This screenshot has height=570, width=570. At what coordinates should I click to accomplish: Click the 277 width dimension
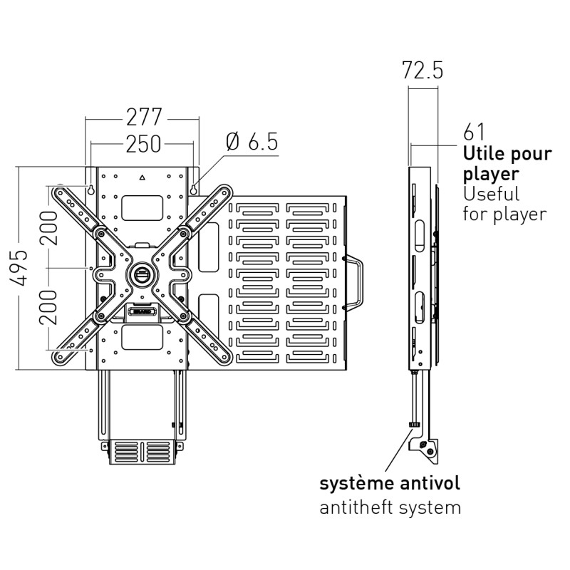click(144, 116)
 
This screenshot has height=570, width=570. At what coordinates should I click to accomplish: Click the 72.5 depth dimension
click(423, 71)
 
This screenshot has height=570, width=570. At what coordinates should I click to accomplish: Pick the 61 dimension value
click(474, 133)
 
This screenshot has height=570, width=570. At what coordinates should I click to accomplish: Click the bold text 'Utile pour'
click(507, 153)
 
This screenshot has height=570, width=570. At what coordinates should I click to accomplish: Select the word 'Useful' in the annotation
click(491, 193)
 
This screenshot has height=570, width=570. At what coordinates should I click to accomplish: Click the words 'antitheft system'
click(390, 507)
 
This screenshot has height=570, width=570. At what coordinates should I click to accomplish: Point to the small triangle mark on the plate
click(142, 176)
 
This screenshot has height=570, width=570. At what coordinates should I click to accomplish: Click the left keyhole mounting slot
click(93, 189)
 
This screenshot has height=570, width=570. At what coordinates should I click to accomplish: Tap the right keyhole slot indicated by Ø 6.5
click(193, 189)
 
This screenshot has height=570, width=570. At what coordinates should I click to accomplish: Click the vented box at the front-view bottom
click(141, 452)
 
